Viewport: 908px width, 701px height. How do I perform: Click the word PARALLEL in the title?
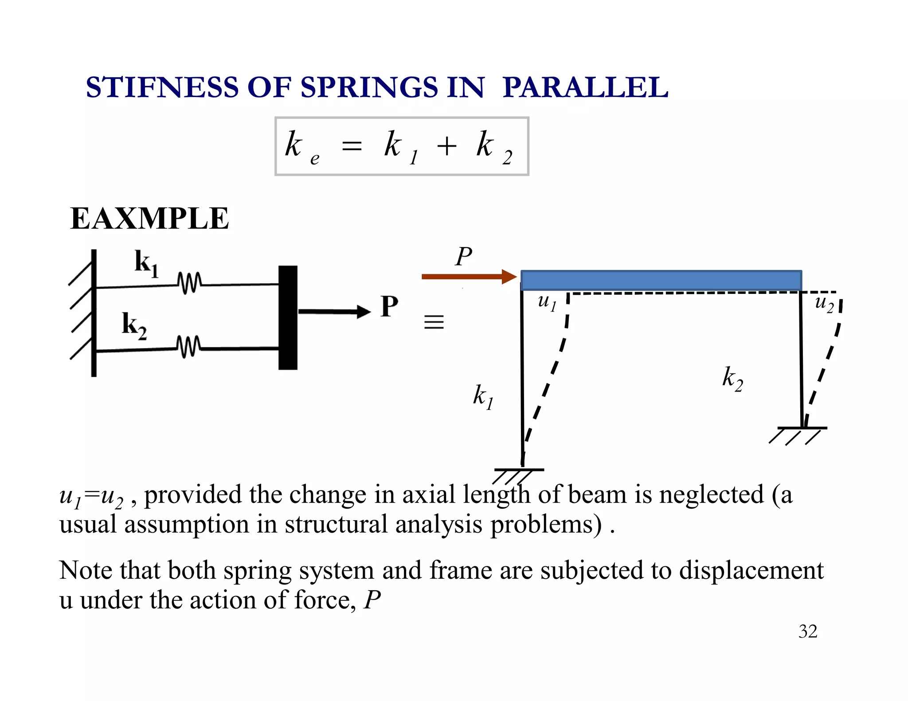585,87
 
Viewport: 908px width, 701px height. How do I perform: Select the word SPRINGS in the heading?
369,87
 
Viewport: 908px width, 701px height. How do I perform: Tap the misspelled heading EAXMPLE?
149,218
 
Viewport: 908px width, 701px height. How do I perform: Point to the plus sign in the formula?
446,146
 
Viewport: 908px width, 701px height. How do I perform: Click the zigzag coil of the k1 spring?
189,283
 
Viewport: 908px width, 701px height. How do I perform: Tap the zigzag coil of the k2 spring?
188,347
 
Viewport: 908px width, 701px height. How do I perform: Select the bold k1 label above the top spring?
146,263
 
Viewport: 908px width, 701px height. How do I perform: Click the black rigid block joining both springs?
288,317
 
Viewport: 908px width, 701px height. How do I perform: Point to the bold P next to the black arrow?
389,307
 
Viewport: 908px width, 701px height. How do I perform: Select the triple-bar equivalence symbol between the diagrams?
434,322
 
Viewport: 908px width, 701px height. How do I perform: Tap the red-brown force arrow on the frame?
469,277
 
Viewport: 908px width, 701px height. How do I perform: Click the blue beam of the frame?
661,280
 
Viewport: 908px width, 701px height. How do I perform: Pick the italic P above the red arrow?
463,257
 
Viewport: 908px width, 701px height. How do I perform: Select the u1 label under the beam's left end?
547,302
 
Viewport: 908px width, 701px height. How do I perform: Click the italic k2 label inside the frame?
732,379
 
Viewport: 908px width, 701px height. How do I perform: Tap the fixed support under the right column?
798,434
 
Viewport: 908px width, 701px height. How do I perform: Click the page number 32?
808,631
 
